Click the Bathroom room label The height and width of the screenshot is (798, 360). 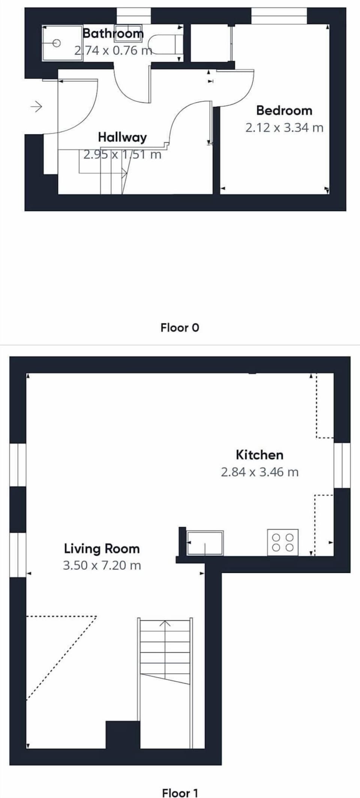pos(113,33)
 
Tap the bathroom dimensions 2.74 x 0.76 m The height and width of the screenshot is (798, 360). pos(113,50)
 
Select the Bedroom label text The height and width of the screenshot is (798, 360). pos(284,111)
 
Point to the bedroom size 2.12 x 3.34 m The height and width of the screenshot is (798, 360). pos(284,128)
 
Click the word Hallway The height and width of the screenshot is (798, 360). pos(122,138)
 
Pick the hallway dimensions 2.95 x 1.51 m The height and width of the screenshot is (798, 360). pos(122,155)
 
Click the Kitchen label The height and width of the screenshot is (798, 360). pos(259,455)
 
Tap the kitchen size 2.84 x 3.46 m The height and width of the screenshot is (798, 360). pos(259,472)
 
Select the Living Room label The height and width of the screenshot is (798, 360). pos(102,549)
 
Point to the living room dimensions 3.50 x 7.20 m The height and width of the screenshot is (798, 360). pos(102,565)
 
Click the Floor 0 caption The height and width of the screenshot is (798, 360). pos(180,328)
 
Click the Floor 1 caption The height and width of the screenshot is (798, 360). pos(180,793)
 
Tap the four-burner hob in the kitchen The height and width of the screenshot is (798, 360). pos(283,543)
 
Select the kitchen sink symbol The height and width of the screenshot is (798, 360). pos(205,543)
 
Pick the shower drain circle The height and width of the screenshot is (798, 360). pos(57,43)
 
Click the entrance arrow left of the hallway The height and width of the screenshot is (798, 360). pos(36,107)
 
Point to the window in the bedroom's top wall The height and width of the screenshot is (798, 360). pos(279,16)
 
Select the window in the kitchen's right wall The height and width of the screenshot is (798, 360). pos(342,466)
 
